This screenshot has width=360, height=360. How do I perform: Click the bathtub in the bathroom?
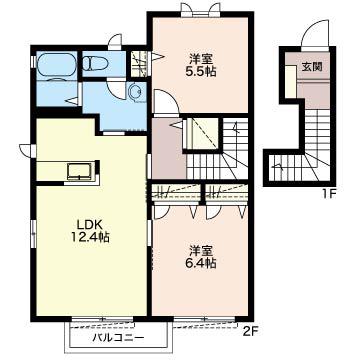[55, 64]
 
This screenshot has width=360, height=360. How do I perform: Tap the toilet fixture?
[95, 63]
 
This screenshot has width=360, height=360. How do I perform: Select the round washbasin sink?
[136, 92]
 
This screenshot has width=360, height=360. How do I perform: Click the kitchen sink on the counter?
[80, 171]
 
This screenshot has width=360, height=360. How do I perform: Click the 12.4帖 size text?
[90, 237]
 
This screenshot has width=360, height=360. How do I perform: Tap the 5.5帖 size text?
[200, 71]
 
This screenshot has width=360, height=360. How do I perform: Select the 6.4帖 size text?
[200, 263]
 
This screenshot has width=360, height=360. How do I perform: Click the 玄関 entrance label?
[312, 67]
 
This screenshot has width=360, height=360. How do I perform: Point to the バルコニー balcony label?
[118, 338]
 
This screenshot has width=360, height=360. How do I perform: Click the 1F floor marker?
[328, 194]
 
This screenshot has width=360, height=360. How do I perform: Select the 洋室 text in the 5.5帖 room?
[200, 59]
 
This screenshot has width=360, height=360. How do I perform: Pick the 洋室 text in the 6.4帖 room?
[201, 251]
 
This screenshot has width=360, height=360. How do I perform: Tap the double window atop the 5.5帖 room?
[200, 8]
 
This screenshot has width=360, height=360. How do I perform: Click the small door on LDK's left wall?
[26, 150]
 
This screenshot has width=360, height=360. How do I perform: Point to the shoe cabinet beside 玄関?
[291, 82]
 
